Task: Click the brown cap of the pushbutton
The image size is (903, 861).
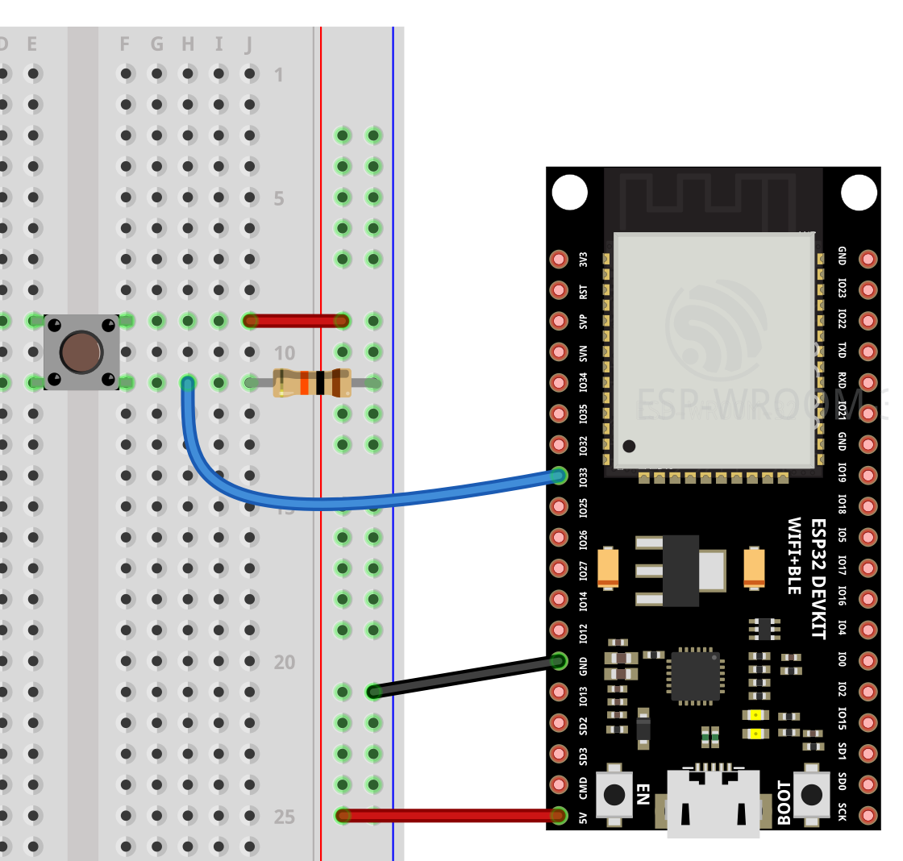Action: (x=81, y=351)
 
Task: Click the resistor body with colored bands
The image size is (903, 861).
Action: (x=312, y=382)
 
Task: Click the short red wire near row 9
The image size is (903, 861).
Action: (x=296, y=321)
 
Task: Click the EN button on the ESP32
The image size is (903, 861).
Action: (x=614, y=794)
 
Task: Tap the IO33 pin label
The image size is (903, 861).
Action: (x=583, y=476)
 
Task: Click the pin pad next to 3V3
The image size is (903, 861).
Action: (x=559, y=259)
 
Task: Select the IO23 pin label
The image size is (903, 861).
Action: (x=842, y=289)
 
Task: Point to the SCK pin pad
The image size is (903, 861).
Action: (x=868, y=814)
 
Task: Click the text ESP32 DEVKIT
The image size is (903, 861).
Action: (x=818, y=578)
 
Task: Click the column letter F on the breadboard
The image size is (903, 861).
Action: (x=125, y=44)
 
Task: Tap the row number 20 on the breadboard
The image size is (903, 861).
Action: (x=284, y=663)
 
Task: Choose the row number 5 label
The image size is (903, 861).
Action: (x=279, y=198)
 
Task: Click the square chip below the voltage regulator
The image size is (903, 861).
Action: (x=695, y=676)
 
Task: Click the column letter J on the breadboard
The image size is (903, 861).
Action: (x=249, y=44)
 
